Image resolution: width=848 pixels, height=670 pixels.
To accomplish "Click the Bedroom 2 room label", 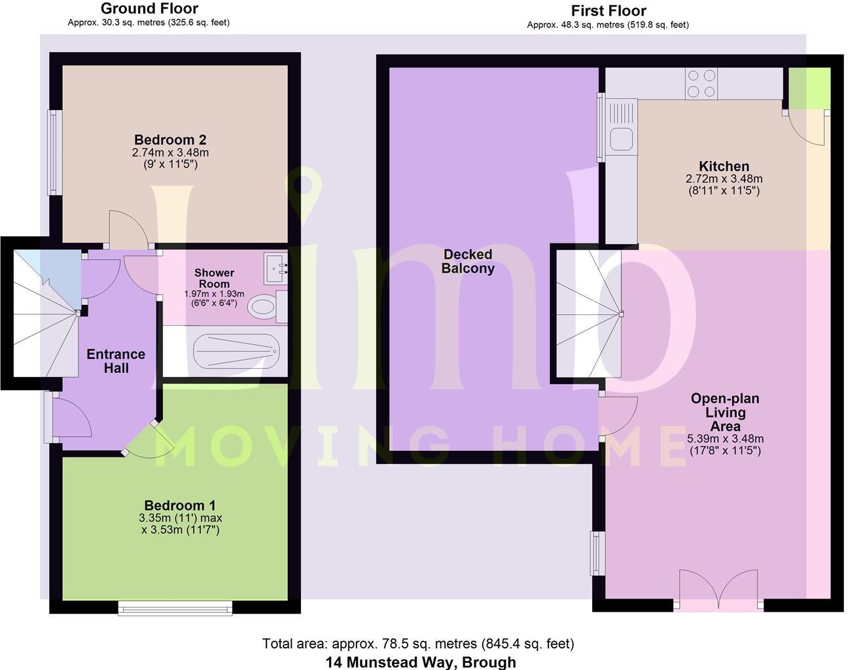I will point(170,140).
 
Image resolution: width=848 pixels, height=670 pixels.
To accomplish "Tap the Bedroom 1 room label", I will point(180,506).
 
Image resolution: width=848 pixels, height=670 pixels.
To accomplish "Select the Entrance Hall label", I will point(116,361).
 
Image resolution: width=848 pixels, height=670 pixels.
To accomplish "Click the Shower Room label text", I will point(214,278).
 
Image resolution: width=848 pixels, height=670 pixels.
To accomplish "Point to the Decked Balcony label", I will point(468,261).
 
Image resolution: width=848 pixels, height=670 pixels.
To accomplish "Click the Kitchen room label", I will point(724,166).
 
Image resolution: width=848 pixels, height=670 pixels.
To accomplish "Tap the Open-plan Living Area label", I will point(725,412).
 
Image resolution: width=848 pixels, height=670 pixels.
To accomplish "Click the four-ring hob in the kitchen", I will point(701,84).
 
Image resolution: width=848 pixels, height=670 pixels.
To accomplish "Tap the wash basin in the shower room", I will point(275,268).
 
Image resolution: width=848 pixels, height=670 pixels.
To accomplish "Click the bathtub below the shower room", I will point(236,354).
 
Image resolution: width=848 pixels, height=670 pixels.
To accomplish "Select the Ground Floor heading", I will point(149,9).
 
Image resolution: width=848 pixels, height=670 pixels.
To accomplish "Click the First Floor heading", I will point(608,10).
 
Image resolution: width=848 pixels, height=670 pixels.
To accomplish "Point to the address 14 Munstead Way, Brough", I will point(421,661).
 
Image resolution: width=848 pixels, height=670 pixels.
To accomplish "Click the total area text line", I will point(418,644).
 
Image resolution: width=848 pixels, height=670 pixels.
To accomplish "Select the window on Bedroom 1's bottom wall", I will point(175,609).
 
